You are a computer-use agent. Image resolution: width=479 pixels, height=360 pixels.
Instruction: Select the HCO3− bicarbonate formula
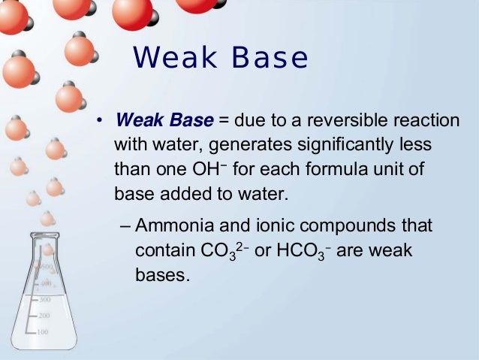click(x=303, y=251)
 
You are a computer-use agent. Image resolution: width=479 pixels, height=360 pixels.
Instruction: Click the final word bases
click(x=158, y=274)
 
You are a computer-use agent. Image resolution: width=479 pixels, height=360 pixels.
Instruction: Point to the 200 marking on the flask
click(x=44, y=316)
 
